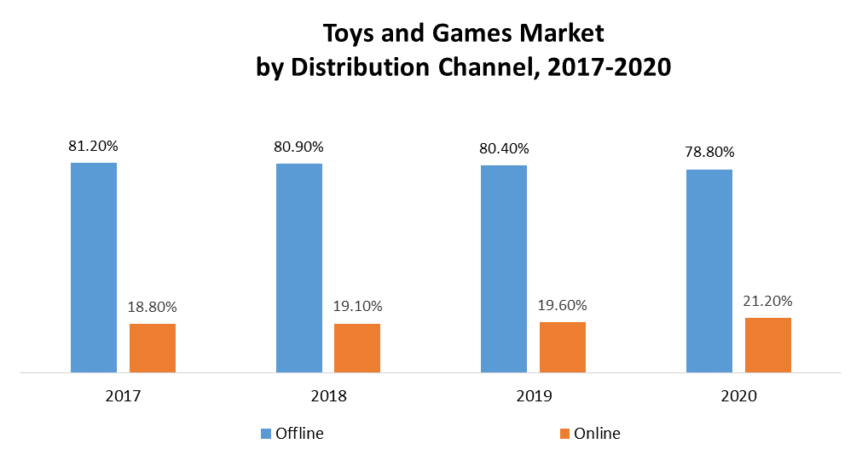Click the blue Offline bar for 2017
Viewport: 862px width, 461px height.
coord(93,267)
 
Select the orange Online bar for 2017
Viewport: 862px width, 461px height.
coord(153,348)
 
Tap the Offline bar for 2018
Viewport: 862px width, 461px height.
coord(298,268)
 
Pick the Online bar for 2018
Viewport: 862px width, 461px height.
coord(357,348)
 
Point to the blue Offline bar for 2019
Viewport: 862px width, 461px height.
coord(504,268)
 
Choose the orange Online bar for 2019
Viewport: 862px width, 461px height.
coord(563,347)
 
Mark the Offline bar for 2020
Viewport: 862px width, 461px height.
coord(709,271)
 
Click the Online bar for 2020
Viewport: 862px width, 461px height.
coord(768,345)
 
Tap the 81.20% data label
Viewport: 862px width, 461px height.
coord(94,146)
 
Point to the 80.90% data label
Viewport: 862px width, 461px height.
coord(298,147)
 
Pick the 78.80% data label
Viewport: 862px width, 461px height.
coord(709,153)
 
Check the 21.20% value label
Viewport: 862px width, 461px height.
coord(768,301)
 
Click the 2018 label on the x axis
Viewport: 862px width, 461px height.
coord(329,397)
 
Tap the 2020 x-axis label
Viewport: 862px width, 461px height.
coord(739,397)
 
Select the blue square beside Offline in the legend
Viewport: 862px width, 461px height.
coord(265,434)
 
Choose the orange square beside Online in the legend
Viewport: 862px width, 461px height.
coord(564,434)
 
